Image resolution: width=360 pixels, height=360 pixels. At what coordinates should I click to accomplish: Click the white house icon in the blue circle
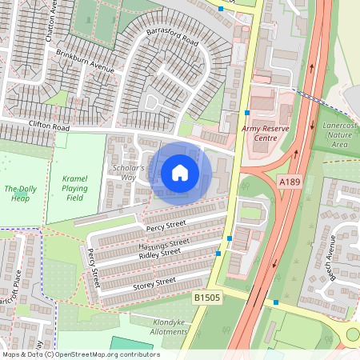pos(180,172)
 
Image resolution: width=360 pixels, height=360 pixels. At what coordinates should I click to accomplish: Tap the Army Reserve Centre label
pos(264,133)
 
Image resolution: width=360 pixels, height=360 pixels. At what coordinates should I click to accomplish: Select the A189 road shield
pos(290,183)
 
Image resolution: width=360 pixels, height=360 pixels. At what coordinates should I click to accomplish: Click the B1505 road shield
pos(206,297)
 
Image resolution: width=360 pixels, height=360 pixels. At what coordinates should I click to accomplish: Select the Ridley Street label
pos(159,255)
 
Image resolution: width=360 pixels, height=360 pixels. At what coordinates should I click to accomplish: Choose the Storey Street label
pos(154,282)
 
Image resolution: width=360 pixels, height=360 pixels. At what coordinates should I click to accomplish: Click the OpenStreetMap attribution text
pos(80,354)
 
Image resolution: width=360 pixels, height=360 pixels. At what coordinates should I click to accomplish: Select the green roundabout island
pos(354,335)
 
